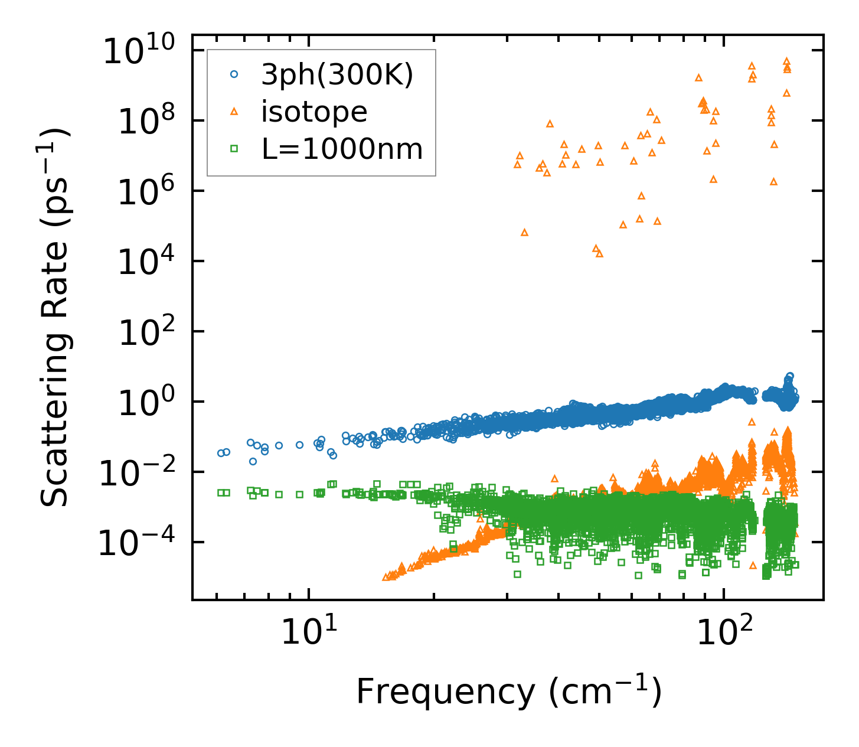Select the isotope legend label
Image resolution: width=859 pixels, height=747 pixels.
coord(314,112)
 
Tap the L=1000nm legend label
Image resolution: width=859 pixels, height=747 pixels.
coord(342,149)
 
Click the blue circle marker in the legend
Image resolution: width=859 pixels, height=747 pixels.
coord(234,74)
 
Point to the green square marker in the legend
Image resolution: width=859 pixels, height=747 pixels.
coord(234,149)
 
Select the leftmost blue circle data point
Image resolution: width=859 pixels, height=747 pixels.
coord(221,453)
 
